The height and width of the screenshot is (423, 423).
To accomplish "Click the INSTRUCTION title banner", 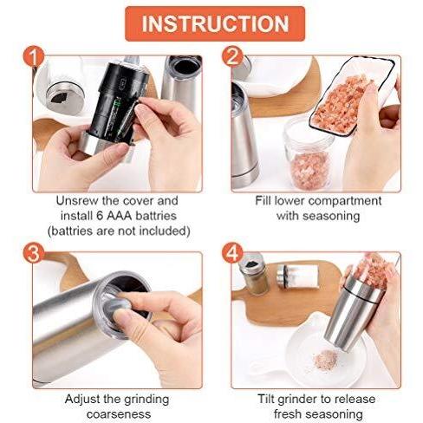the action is click(x=215, y=23).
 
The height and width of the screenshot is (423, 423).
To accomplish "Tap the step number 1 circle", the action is click(x=34, y=57).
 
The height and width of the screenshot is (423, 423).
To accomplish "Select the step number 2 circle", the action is click(x=233, y=57).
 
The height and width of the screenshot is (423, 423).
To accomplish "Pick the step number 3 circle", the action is click(x=34, y=253).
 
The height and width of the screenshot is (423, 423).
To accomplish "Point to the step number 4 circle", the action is click(x=233, y=253).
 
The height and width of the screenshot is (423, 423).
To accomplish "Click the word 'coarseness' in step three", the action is click(x=119, y=414).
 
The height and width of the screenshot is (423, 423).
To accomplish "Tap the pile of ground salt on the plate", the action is click(x=326, y=358).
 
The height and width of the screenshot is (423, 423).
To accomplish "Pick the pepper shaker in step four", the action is click(x=254, y=274).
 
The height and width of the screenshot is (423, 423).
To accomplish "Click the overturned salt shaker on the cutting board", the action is click(x=297, y=277).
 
